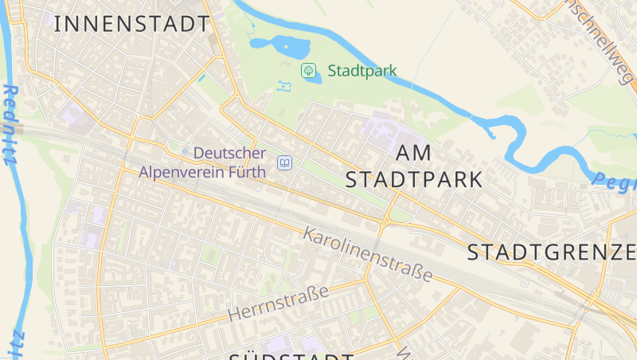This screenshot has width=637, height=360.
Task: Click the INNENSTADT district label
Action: [131, 24]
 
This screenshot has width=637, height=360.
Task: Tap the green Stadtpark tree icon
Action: [308, 70]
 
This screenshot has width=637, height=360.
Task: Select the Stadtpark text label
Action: [362, 70]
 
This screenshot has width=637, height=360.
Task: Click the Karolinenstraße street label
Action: [368, 254]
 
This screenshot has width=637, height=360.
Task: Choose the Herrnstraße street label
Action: [278, 303]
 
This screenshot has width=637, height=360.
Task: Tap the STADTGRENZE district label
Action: [551, 252]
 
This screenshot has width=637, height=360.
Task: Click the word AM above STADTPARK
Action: [413, 153]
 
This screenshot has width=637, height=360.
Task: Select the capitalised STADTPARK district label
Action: [414, 179]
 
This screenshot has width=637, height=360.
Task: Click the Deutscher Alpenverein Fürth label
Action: [202, 162]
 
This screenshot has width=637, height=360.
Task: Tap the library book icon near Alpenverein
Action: [283, 163]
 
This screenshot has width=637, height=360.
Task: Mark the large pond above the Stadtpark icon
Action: [291, 47]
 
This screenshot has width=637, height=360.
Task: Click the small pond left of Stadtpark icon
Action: [284, 84]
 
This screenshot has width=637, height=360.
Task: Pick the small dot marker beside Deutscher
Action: [185, 152]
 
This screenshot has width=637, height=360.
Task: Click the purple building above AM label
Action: [382, 126]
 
